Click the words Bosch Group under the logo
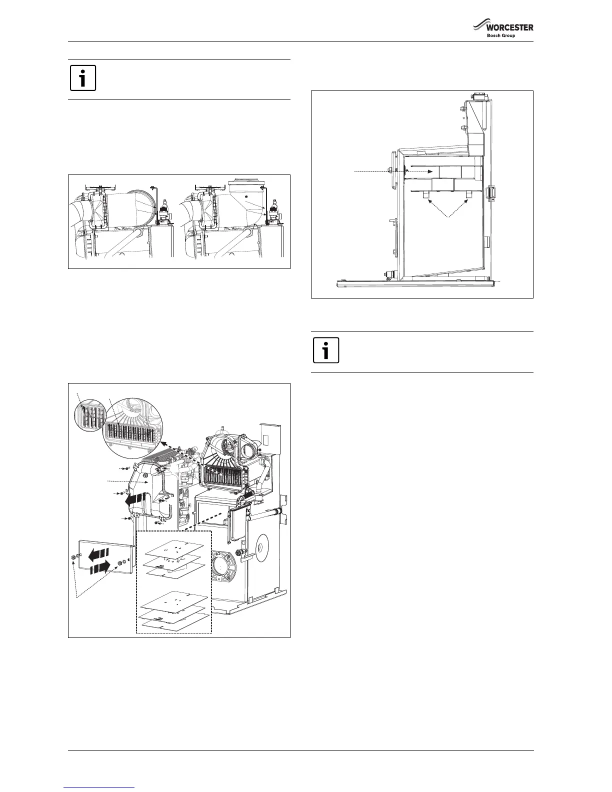point(501,35)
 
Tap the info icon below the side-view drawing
point(326,350)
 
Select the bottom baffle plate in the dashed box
point(174,622)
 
